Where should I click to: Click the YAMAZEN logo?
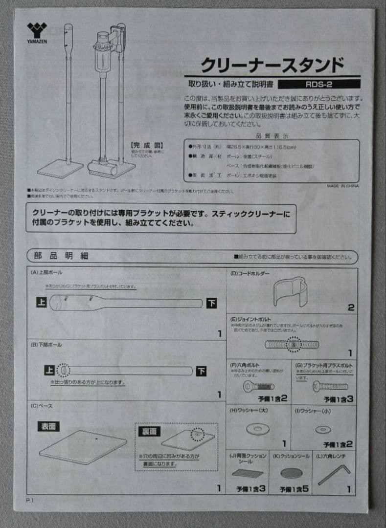[x=36, y=32]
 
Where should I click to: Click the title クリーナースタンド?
[x=272, y=65]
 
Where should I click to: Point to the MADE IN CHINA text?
[x=342, y=186]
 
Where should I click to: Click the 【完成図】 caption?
[x=146, y=145]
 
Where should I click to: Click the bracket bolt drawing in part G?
[x=330, y=386]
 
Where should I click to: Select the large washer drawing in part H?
[x=257, y=429]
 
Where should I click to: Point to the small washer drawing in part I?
[x=323, y=429]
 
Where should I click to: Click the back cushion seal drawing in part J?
[x=248, y=473]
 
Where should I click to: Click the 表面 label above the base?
[x=48, y=426]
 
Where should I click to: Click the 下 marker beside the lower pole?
[x=201, y=371]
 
